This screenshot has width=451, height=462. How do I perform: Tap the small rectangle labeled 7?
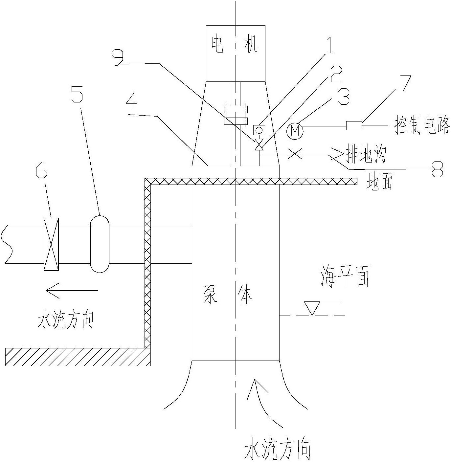(354, 125)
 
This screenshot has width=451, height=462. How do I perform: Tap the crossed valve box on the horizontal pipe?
(51, 244)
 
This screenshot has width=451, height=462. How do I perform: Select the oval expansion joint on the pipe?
(100, 244)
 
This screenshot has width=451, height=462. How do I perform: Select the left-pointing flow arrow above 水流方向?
(72, 291)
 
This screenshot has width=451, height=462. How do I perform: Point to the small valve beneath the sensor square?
(259, 145)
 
